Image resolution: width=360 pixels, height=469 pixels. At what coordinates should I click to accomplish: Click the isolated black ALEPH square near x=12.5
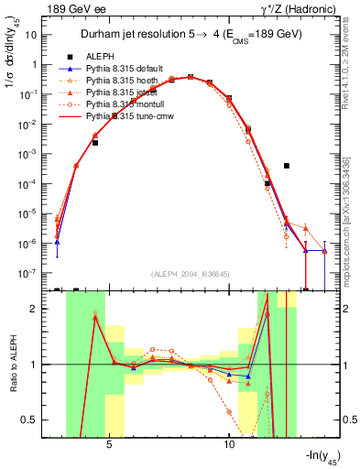tap(288, 166)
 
